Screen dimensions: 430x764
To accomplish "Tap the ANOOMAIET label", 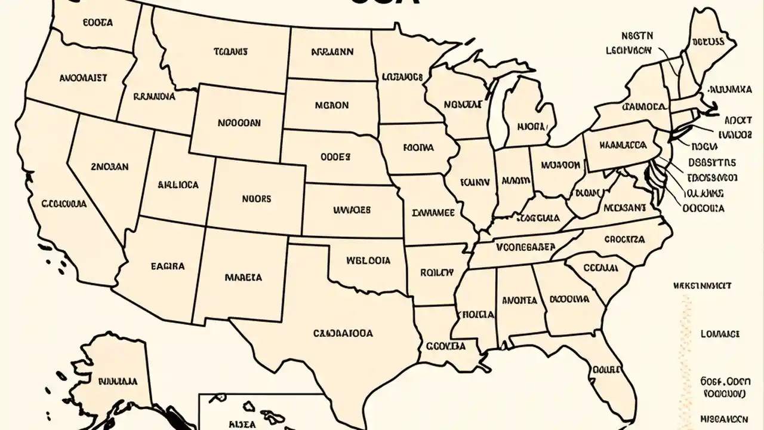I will pos(84,78).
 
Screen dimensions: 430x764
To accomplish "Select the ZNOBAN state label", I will pos(109,167).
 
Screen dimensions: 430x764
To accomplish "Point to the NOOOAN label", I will pos(239,123).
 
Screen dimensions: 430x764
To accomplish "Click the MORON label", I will pos(331,105).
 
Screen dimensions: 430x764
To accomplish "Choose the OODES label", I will pos(335,157).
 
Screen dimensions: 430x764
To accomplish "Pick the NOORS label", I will pos(256,199).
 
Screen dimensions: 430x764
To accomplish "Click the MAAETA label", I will pos(243,278).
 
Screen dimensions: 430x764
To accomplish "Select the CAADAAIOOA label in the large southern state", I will pos(343,334).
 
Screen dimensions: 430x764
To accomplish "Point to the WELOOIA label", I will pos(368,261).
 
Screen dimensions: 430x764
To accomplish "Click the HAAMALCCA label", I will pos(623,145).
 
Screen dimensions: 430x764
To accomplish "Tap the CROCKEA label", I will pos(624,239).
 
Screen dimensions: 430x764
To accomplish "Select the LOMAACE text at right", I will pos(720,334).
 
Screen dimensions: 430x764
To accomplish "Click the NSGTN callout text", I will pos(637,36).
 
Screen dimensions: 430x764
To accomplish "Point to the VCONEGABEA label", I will pos(525,246).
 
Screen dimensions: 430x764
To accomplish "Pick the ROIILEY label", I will pos(437,273).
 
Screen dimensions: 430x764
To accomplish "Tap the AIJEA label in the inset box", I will pos(242,424).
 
